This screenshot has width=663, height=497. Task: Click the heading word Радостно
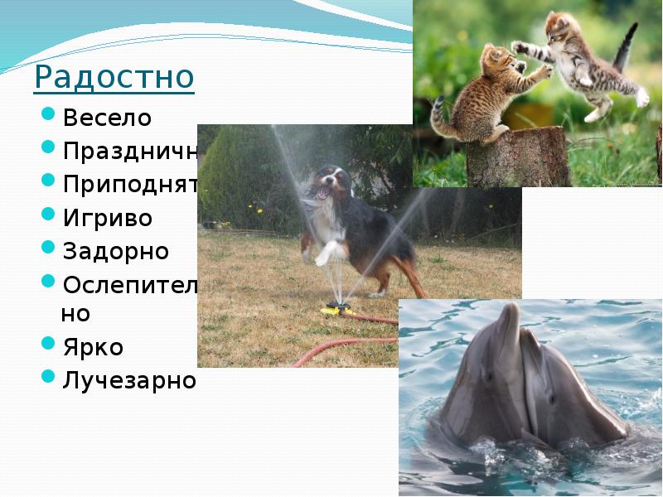(114, 78)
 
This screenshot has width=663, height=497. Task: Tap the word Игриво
(108, 218)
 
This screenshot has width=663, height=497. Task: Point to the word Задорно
(115, 251)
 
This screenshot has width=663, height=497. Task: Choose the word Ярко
(92, 346)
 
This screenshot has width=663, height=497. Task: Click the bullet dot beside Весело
(48, 117)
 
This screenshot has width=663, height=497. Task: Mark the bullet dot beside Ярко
(48, 345)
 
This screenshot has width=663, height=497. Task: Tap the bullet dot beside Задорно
(48, 250)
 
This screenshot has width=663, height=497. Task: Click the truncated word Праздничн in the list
(128, 152)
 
